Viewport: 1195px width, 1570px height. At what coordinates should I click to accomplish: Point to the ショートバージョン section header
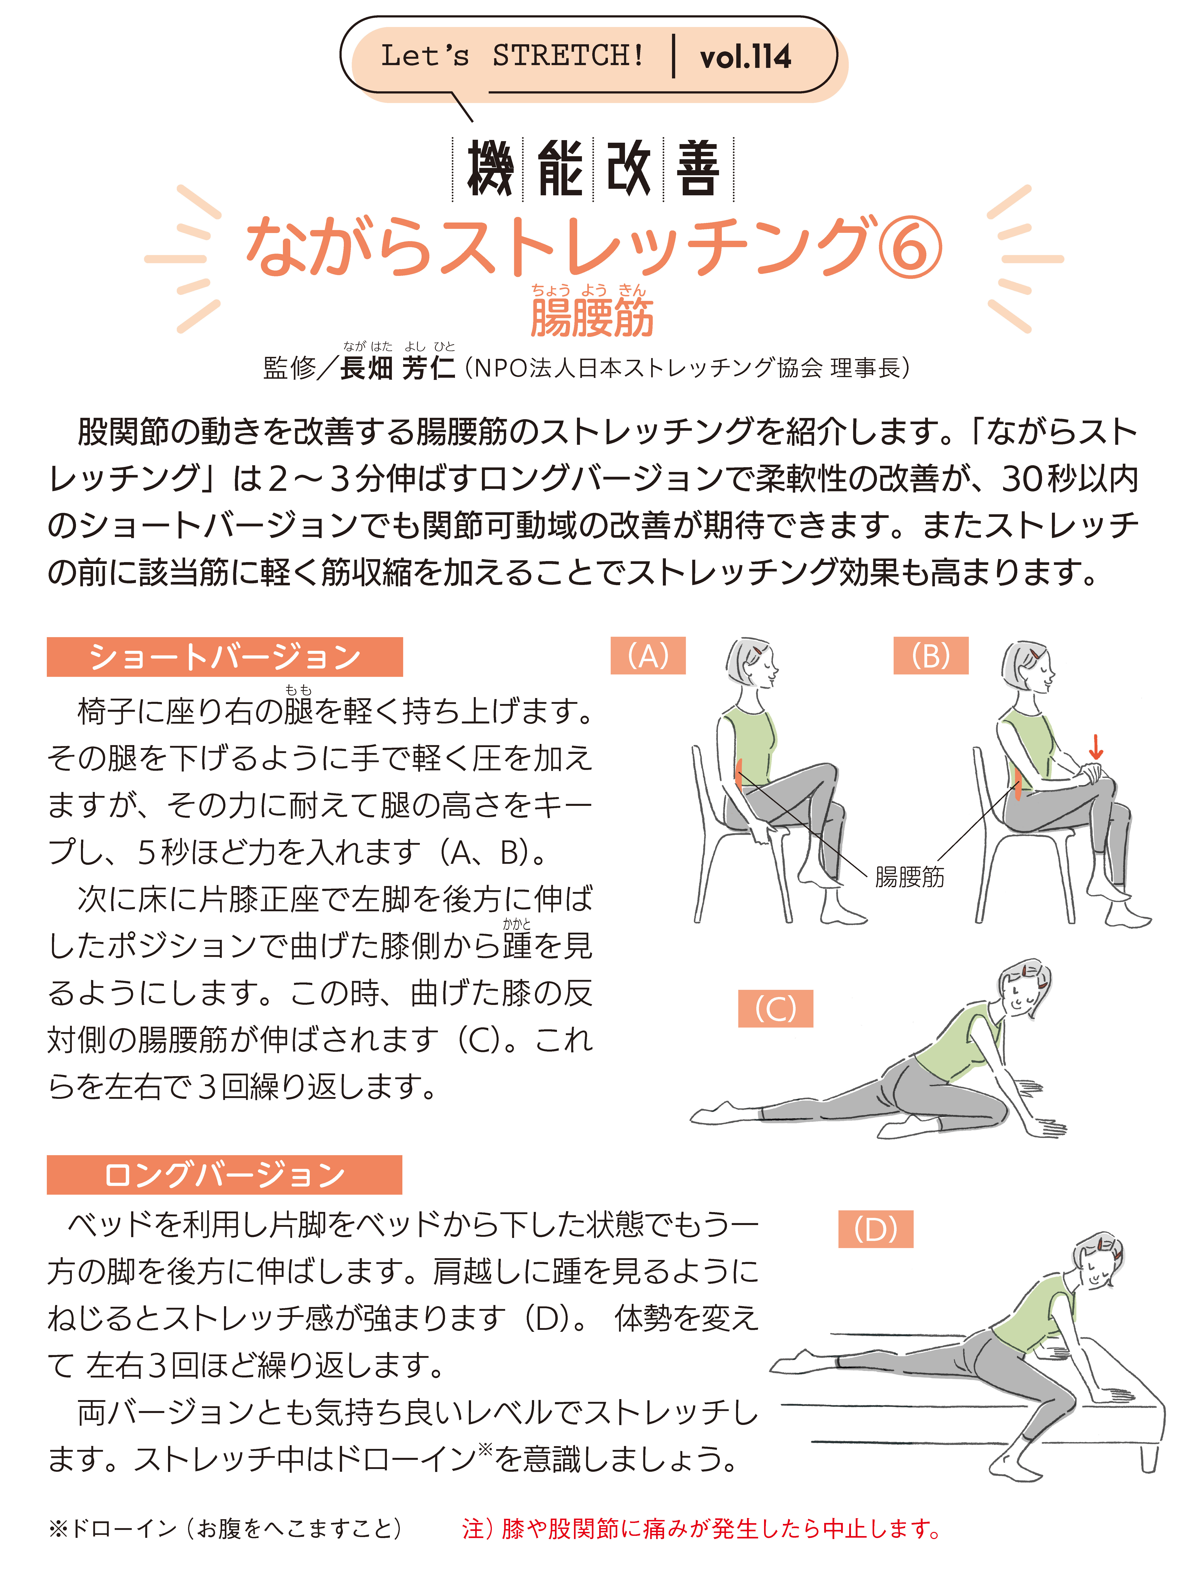pos(225,656)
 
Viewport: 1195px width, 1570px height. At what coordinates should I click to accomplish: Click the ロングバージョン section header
pos(225,1174)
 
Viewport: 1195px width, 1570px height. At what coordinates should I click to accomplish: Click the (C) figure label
pos(775,1008)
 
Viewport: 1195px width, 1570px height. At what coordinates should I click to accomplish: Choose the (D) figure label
pos(876,1229)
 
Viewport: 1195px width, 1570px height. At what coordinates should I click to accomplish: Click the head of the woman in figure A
pos(751,663)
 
